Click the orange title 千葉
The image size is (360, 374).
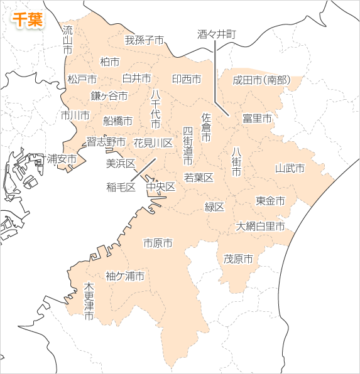point(27,19)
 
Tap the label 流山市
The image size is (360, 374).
point(68,39)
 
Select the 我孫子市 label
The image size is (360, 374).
point(144,41)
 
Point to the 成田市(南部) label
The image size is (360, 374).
point(261,80)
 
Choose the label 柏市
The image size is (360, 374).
point(109,61)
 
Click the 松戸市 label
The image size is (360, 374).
point(82,79)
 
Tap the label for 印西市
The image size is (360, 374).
point(187,79)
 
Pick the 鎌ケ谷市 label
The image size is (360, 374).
point(109,96)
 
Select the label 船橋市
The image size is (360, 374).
point(117,120)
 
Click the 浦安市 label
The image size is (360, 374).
point(62,159)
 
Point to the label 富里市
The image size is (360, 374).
point(257,118)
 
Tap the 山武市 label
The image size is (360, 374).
point(290,168)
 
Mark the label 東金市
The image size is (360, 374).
point(270,201)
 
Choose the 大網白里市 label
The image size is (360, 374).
point(260,226)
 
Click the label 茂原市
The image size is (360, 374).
point(238,259)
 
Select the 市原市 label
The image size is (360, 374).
point(158,243)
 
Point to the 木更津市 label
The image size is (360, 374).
point(89,302)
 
